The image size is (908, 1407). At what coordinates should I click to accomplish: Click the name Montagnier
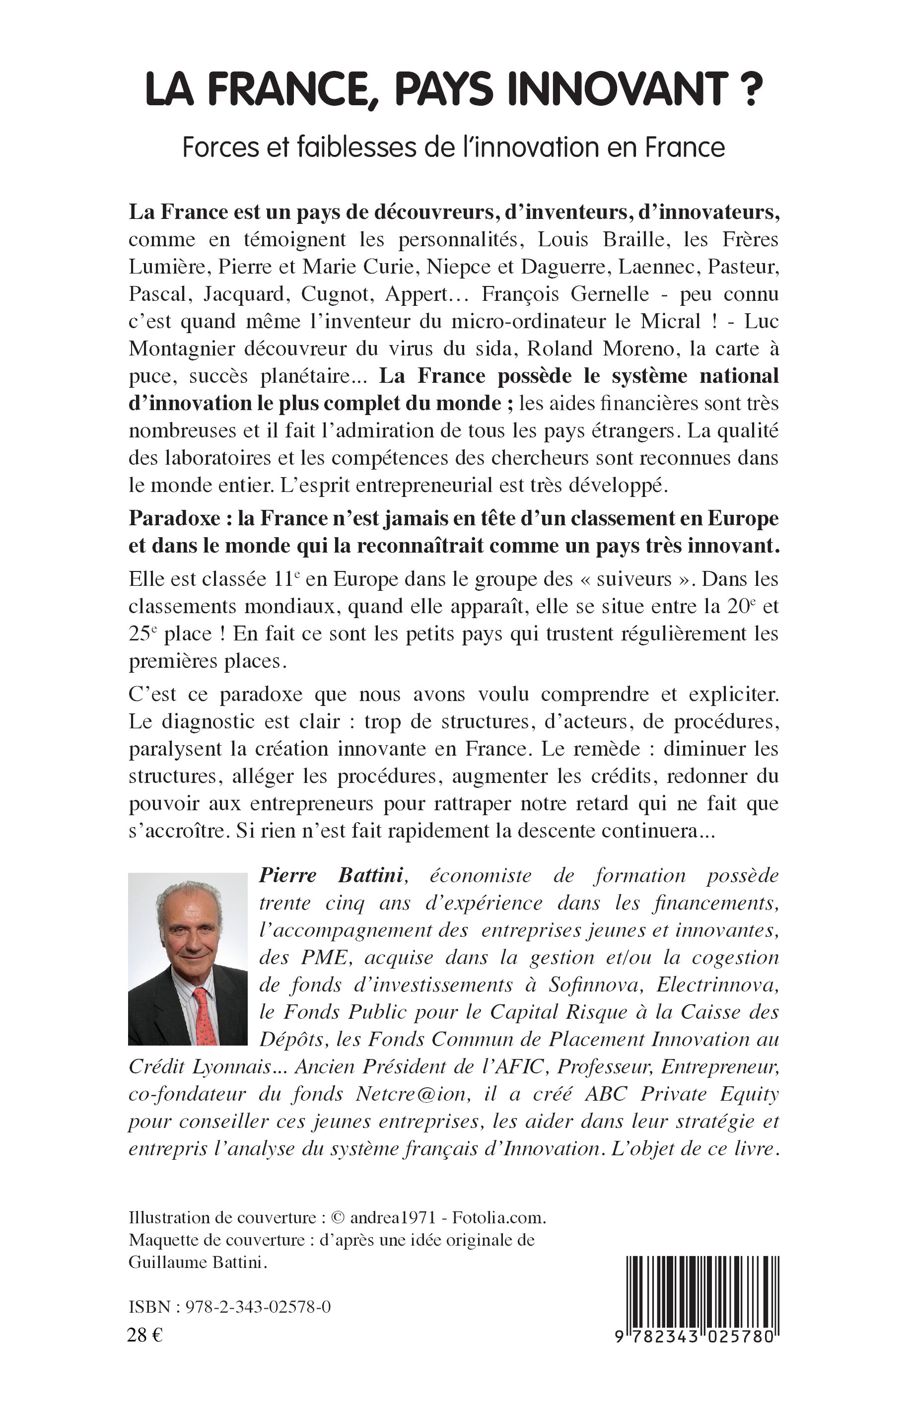[177, 349]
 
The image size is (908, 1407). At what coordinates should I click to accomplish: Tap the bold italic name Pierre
[288, 876]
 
